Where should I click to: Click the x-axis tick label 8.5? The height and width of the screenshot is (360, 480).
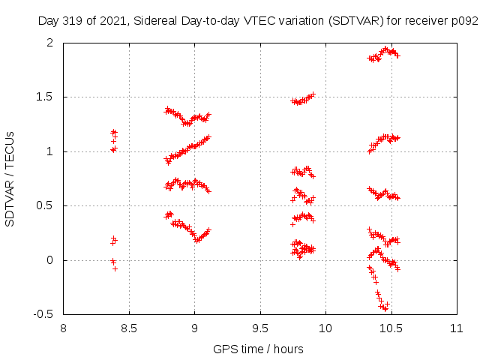(x=129, y=328)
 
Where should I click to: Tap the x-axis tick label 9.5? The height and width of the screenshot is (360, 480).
(x=260, y=328)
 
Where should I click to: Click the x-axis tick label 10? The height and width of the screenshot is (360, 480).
(x=325, y=328)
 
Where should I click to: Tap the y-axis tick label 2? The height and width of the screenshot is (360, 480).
(x=55, y=43)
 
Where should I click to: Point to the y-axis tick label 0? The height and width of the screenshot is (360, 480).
(x=55, y=260)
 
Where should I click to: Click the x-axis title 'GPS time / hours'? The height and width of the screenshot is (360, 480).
(x=258, y=349)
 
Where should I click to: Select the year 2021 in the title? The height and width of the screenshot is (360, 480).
(x=109, y=21)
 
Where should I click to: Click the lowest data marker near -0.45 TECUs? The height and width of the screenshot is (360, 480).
(x=385, y=308)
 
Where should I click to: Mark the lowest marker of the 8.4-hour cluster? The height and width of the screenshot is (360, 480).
(x=115, y=268)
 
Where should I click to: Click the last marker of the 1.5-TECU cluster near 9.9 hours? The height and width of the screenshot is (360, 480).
(x=313, y=94)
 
